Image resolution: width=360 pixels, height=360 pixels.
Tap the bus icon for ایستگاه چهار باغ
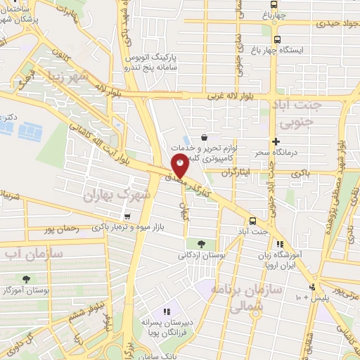tap(278, 39)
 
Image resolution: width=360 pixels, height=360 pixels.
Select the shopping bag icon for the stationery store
tap(204, 137)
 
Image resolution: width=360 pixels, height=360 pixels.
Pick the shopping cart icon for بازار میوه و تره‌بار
tap(127, 217)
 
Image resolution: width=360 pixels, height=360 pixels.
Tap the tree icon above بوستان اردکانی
tap(202, 244)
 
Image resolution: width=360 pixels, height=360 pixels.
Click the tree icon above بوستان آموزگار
tap(26, 279)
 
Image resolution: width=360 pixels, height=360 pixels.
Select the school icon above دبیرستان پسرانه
tap(167, 311)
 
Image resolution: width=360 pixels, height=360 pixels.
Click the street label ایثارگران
tap(236, 172)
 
